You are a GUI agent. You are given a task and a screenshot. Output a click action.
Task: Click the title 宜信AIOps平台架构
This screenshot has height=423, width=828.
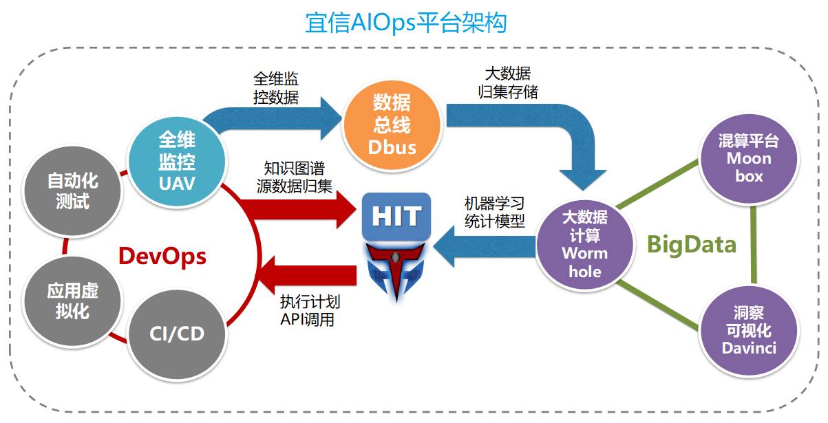[406, 23]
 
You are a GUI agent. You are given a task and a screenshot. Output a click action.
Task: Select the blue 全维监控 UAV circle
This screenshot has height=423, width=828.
[177, 162]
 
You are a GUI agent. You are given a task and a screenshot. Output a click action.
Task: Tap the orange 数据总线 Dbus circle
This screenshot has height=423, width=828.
[392, 124]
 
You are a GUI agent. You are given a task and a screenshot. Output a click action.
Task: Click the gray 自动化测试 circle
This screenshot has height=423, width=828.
[72, 191]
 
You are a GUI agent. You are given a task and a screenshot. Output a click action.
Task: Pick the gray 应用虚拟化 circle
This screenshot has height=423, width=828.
[72, 301]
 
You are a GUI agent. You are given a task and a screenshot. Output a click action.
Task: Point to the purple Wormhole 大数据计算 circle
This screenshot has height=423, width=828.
[584, 244]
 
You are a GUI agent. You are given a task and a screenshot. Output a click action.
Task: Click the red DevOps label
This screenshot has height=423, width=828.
[162, 256]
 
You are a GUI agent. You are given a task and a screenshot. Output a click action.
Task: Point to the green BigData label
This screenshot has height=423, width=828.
[692, 243]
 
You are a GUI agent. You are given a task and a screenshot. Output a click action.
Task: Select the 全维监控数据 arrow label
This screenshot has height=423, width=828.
[276, 88]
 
